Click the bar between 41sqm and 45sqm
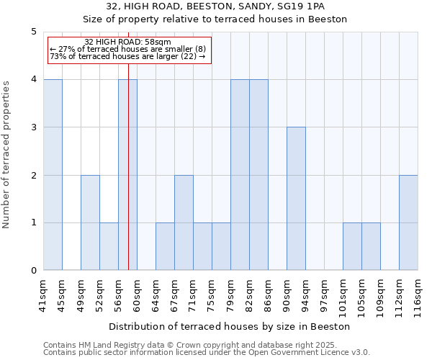pos(53,175)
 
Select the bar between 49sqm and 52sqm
pos(90,222)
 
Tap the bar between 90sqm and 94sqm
pos(296,199)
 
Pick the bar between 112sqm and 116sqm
pos(408,222)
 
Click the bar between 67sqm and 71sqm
pos(184,222)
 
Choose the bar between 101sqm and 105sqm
pos(352,246)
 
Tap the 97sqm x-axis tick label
pos(325,294)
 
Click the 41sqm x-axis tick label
pos(44,294)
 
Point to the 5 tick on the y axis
pos(33,32)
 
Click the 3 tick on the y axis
pos(33,127)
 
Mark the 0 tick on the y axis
pos(33,271)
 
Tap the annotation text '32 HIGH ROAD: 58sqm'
pos(127,42)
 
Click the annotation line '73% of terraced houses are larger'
pos(127,56)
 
